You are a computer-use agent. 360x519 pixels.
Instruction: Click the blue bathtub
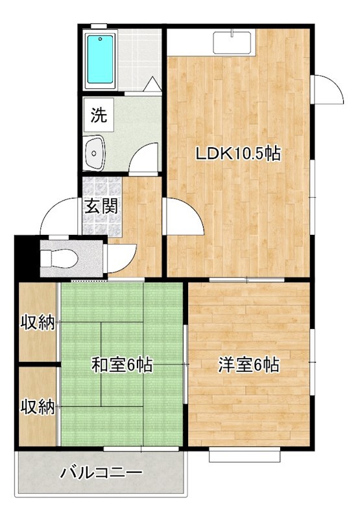(100, 58)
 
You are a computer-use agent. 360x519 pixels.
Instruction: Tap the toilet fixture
(59, 257)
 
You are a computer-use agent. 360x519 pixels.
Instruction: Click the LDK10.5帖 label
(238, 154)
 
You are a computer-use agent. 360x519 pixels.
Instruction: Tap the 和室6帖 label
(121, 365)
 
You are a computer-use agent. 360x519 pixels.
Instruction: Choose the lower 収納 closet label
(37, 407)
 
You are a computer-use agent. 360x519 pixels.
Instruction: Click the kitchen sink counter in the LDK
(233, 42)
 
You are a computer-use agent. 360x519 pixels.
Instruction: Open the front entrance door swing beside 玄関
(60, 217)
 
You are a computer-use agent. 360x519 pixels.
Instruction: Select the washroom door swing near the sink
(144, 158)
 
